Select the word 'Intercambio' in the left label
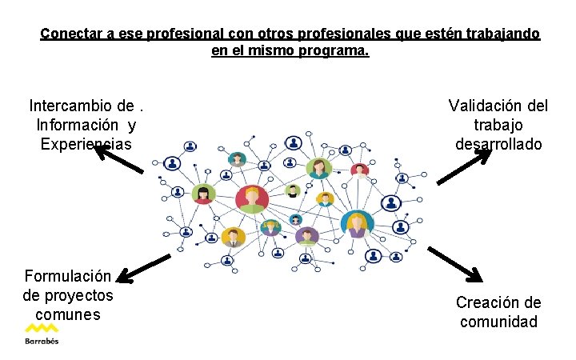70,106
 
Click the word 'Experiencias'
86,144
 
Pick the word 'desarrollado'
498,144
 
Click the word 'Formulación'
68,276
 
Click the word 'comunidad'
498,322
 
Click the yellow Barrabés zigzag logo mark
41,328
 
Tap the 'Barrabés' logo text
41,341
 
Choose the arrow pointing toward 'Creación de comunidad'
455,264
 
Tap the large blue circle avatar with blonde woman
356,223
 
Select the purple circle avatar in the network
306,235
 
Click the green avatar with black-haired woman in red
203,194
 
